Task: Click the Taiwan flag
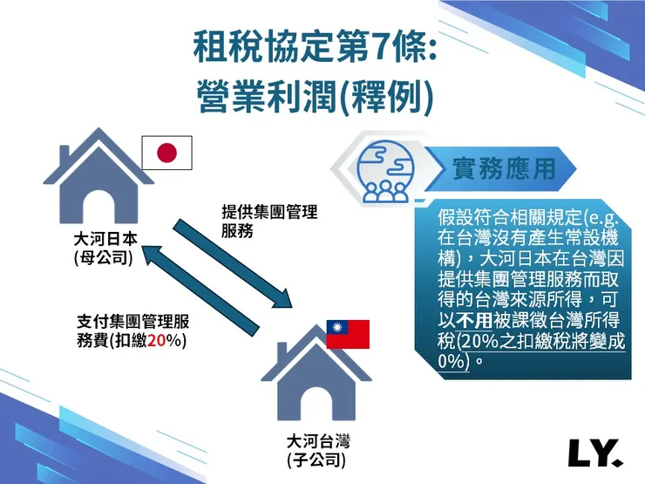(348, 334)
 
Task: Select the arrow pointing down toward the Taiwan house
(231, 262)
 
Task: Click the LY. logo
(594, 452)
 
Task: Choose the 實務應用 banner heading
(505, 168)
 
